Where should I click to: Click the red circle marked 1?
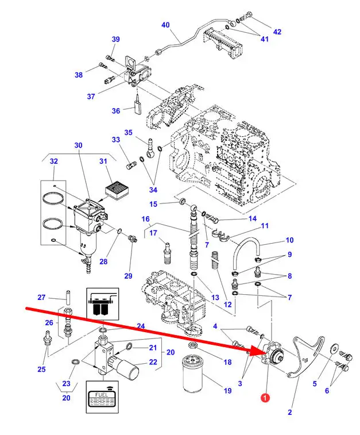(265, 398)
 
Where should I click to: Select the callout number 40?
(165, 25)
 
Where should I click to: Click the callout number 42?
(277, 32)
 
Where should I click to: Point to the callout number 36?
(116, 111)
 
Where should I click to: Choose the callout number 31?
(103, 161)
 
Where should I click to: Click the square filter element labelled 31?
(116, 189)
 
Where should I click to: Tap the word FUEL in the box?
(101, 395)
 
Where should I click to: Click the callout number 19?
(227, 391)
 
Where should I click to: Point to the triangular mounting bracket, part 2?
(304, 357)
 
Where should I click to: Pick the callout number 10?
(289, 240)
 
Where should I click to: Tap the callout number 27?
(41, 298)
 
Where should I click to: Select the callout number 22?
(153, 362)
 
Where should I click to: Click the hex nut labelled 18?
(192, 345)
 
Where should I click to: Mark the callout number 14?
(252, 218)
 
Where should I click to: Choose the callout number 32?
(54, 161)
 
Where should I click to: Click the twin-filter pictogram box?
(103, 304)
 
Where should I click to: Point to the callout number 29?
(128, 276)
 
